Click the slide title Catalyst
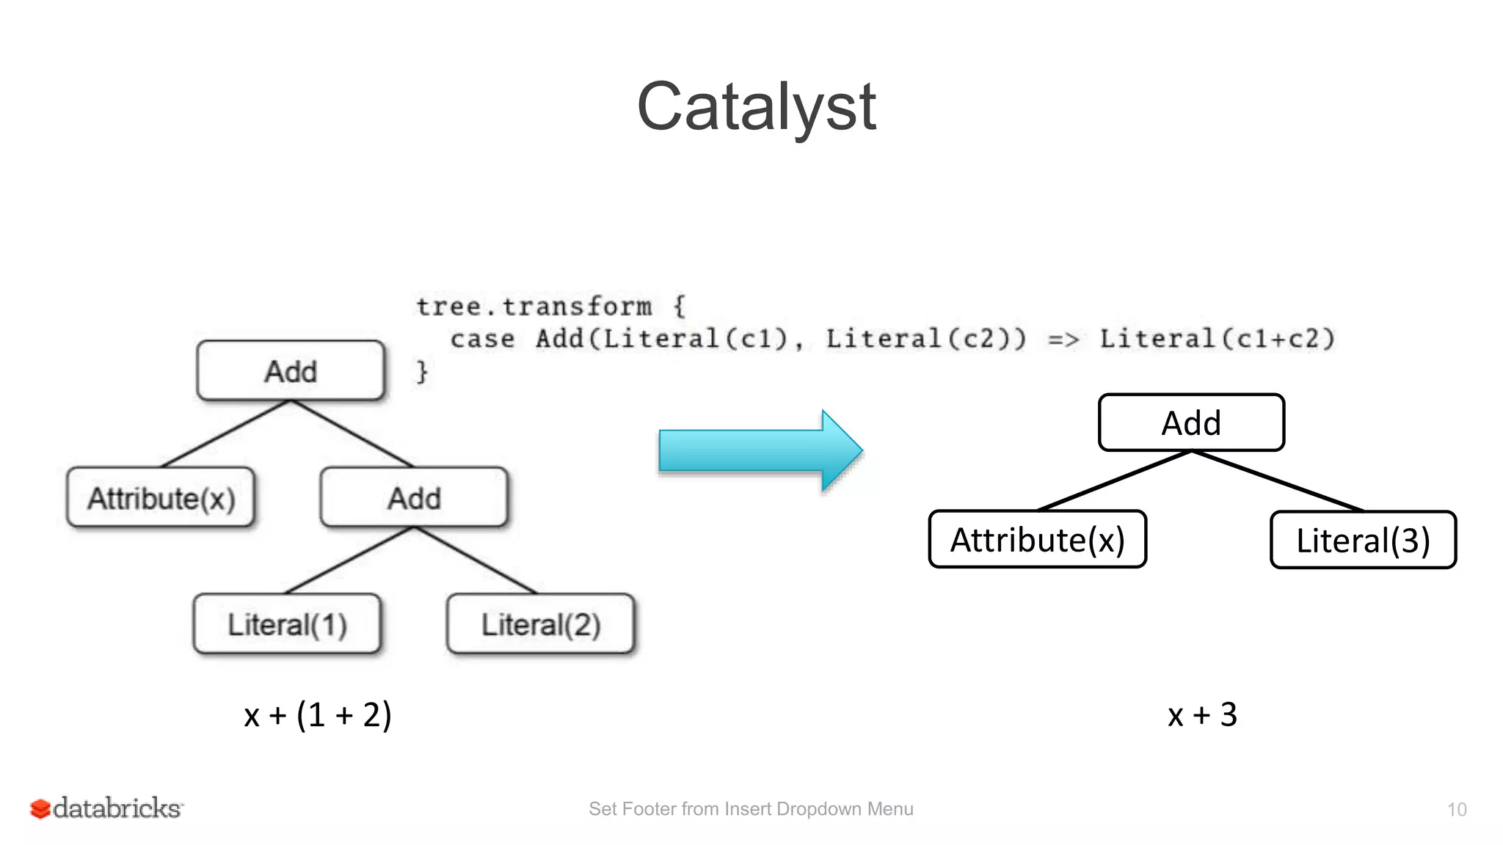(756, 108)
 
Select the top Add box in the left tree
(291, 371)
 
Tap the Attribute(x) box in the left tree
(161, 498)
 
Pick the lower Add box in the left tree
(414, 498)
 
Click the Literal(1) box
(287, 624)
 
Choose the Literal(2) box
(541, 624)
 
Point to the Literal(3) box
(1363, 541)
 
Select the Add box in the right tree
(1191, 423)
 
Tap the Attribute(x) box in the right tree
(1037, 540)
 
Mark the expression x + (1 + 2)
(318, 714)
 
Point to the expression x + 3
(1202, 714)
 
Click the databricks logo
(107, 808)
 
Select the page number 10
(1456, 810)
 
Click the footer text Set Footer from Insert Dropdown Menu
(751, 809)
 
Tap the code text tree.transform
(534, 307)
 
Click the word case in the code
(482, 339)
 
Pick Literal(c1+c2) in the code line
(1217, 339)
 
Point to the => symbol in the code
(1063, 340)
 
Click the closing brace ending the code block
(422, 371)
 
